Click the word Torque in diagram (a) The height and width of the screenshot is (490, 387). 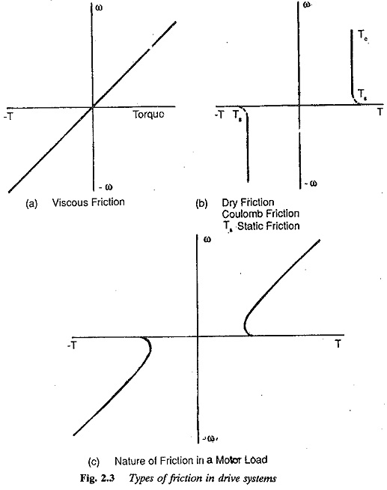pyautogui.click(x=148, y=115)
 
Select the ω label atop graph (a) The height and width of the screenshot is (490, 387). pyautogui.click(x=99, y=7)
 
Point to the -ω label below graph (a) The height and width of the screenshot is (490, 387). pyautogui.click(x=106, y=187)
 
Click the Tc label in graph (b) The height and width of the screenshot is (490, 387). pyautogui.click(x=362, y=35)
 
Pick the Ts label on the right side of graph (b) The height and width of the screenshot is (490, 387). pyautogui.click(x=362, y=94)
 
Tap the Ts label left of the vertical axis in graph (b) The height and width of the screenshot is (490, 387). pyautogui.click(x=237, y=116)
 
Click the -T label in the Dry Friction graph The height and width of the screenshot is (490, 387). pyautogui.click(x=219, y=115)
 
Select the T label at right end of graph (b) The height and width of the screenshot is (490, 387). pyautogui.click(x=380, y=112)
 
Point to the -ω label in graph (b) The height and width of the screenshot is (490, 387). pyautogui.click(x=311, y=184)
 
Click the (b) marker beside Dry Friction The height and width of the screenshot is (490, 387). pyautogui.click(x=201, y=204)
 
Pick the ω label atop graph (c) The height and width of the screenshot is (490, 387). pyautogui.click(x=207, y=240)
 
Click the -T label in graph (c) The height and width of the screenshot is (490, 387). pyautogui.click(x=72, y=345)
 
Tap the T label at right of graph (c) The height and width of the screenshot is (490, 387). pyautogui.click(x=338, y=344)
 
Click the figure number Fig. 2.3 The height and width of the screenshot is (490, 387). pyautogui.click(x=98, y=478)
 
